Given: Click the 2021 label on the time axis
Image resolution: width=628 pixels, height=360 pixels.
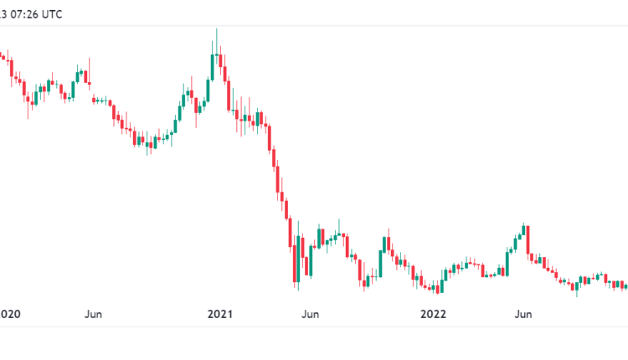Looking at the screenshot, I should click(219, 314).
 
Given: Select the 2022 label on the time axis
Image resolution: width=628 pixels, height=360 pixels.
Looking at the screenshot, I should click(433, 314).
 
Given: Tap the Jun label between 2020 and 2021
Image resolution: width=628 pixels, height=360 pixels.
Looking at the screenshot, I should click(93, 314).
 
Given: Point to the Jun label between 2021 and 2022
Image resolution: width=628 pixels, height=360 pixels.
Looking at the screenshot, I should click(310, 314).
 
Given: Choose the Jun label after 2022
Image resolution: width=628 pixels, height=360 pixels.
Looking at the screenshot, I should click(522, 314).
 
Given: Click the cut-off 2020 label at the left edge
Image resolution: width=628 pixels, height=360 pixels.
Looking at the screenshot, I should click(10, 314).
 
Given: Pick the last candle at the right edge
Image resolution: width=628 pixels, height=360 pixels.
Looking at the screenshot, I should click(625, 286).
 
